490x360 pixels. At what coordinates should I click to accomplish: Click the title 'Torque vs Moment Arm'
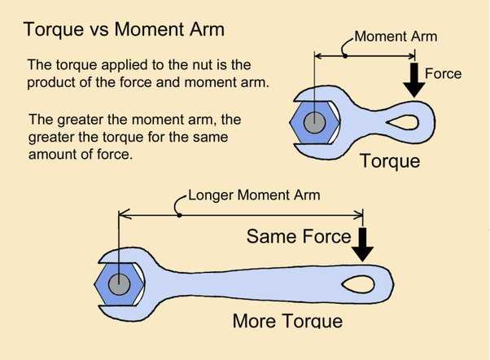tap(124, 31)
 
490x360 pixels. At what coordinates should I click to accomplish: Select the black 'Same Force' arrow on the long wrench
tap(363, 244)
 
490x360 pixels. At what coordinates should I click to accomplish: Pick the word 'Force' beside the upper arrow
tap(443, 74)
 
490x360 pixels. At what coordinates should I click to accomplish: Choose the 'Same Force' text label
tap(298, 237)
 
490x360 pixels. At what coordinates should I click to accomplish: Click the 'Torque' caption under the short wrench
tap(390, 160)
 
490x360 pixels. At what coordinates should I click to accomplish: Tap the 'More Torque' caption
tap(287, 321)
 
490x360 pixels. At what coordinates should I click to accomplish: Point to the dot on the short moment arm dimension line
tap(345, 55)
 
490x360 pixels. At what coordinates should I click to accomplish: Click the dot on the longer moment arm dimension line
tap(179, 214)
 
